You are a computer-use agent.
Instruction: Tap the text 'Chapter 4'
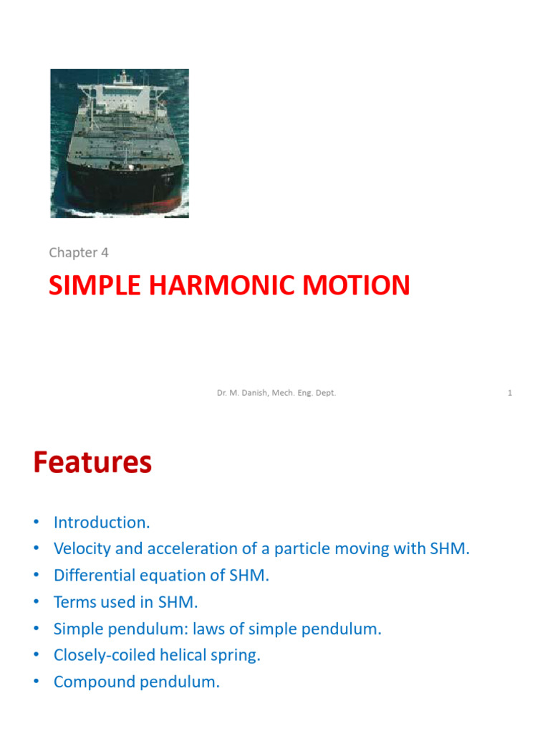tap(78, 252)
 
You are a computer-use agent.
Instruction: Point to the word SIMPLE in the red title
tap(92, 285)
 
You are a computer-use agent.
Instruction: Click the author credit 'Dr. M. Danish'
tap(243, 393)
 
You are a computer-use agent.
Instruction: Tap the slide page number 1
tap(510, 393)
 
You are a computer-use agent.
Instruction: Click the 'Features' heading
tap(92, 463)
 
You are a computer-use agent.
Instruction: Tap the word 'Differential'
tap(96, 576)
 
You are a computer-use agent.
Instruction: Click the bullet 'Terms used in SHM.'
tap(125, 602)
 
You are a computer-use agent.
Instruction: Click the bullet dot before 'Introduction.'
tap(35, 523)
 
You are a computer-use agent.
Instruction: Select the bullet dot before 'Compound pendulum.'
tap(35, 682)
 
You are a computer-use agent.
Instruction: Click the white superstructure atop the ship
tap(122, 93)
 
